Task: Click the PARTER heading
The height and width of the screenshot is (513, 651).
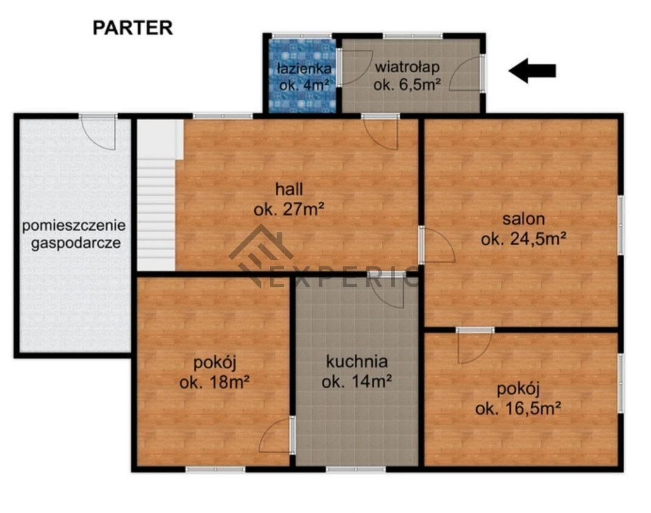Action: pos(133,28)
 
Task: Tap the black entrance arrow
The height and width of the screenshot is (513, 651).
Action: pos(532,71)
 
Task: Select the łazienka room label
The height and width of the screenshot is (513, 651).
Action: pos(304,68)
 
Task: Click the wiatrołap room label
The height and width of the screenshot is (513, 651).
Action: pos(407,66)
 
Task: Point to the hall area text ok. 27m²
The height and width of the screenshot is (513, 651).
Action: pos(289,210)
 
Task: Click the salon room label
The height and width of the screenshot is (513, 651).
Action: pos(524,219)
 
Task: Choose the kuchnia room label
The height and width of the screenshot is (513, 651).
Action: pos(357,361)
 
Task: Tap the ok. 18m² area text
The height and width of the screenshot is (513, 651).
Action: pos(214,382)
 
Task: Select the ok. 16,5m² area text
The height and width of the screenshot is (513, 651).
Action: pos(518,409)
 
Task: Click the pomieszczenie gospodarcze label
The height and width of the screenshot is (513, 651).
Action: pos(74,234)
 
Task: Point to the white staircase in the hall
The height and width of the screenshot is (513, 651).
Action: pos(156,195)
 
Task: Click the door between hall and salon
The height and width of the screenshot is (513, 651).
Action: pos(436,245)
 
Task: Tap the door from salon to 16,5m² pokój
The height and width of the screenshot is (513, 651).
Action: pos(475,345)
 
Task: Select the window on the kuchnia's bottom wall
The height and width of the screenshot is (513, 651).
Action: pos(356,469)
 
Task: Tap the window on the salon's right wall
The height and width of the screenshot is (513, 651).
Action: pos(621,225)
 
